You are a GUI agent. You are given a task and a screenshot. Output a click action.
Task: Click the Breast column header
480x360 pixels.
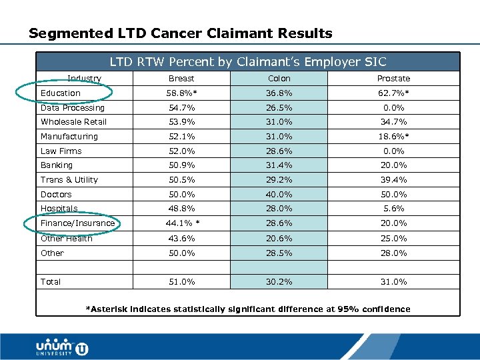click(181, 79)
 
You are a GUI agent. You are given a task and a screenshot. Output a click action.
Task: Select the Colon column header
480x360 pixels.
click(279, 79)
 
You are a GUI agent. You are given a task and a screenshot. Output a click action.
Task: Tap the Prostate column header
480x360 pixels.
click(393, 79)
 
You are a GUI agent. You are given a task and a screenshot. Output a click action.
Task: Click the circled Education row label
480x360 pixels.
click(61, 93)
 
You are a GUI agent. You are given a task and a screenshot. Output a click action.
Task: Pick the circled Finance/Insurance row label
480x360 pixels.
click(77, 223)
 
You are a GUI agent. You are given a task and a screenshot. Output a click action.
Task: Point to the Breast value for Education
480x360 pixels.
click(182, 93)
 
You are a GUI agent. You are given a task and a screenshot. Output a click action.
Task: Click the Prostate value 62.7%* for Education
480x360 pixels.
click(393, 93)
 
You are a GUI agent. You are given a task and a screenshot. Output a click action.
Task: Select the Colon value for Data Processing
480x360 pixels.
click(279, 108)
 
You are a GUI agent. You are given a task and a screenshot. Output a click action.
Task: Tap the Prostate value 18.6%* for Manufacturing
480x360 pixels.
click(393, 137)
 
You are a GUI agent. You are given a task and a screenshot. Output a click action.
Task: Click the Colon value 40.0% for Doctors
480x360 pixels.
click(279, 195)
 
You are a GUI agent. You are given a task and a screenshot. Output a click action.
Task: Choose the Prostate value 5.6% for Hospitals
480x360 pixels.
click(393, 209)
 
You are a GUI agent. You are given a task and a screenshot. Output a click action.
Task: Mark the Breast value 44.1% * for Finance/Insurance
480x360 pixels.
click(182, 223)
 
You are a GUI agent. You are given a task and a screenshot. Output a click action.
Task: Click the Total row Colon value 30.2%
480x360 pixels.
click(279, 282)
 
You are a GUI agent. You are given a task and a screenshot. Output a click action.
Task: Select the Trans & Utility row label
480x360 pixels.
click(69, 180)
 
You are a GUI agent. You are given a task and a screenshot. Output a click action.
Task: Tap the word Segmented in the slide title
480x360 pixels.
click(64, 33)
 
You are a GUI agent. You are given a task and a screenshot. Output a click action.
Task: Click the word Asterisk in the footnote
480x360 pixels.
click(107, 309)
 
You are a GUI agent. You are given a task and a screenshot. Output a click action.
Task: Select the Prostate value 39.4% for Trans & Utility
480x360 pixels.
click(393, 180)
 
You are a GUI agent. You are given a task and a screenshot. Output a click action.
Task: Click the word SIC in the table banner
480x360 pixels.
click(375, 62)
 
